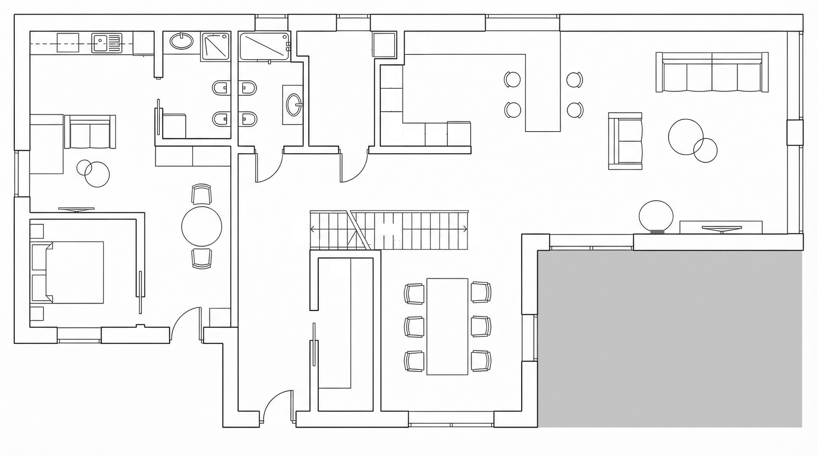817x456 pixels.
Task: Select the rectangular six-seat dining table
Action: (x=447, y=326)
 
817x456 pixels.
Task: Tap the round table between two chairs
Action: (x=201, y=226)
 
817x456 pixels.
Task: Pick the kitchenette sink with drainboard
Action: (x=107, y=43)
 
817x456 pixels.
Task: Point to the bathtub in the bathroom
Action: (x=264, y=46)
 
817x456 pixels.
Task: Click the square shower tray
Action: (x=215, y=46)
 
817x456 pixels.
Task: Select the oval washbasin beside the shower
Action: (x=181, y=41)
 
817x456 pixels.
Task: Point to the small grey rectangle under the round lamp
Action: (x=657, y=232)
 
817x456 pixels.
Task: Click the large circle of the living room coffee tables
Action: (x=686, y=137)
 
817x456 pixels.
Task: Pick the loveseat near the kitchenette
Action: (x=90, y=132)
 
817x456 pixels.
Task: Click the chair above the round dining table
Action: (x=201, y=194)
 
